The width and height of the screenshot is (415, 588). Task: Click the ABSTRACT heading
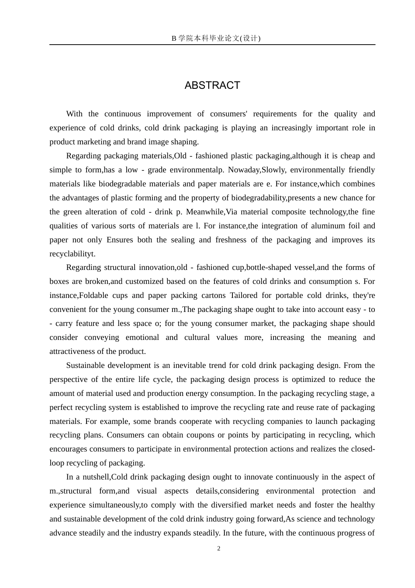(212, 85)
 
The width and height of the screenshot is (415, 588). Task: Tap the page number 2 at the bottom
(219, 549)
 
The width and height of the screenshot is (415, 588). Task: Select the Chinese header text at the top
(216, 38)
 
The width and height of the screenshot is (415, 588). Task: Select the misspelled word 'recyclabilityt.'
(73, 254)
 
